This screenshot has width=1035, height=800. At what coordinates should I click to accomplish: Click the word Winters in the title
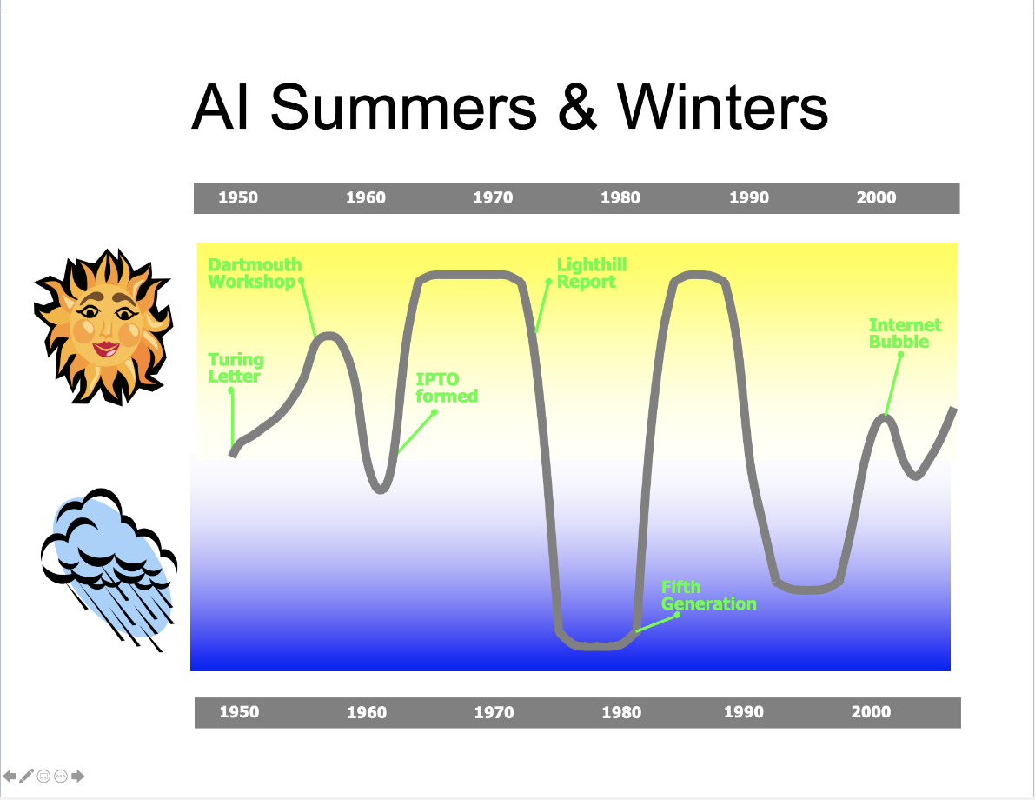pyautogui.click(x=722, y=107)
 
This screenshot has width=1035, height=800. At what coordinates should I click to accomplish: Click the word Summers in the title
pyautogui.click(x=404, y=107)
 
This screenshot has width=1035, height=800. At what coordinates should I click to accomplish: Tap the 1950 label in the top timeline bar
pyautogui.click(x=238, y=197)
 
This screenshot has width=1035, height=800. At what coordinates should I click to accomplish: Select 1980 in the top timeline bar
pyautogui.click(x=620, y=197)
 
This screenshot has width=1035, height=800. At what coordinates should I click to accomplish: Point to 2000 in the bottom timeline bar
pyautogui.click(x=872, y=711)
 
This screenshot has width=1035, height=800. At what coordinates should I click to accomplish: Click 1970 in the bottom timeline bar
pyautogui.click(x=494, y=712)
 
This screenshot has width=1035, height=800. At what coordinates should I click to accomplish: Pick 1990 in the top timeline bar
pyautogui.click(x=749, y=197)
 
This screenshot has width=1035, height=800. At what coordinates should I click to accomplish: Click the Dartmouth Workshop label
pyautogui.click(x=255, y=273)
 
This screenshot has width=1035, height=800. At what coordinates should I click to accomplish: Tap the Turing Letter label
pyautogui.click(x=236, y=368)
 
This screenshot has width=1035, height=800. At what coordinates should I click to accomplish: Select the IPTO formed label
pyautogui.click(x=447, y=388)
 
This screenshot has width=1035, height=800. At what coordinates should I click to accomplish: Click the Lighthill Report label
pyautogui.click(x=592, y=273)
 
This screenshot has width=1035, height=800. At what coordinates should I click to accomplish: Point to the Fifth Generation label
pyautogui.click(x=709, y=595)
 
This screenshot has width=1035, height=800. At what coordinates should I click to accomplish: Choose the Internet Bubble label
pyautogui.click(x=905, y=333)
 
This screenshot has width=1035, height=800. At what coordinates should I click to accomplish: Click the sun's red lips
pyautogui.click(x=106, y=348)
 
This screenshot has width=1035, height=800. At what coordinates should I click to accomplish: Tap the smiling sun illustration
pyautogui.click(x=103, y=326)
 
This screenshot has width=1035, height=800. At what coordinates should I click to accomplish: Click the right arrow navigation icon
pyautogui.click(x=78, y=777)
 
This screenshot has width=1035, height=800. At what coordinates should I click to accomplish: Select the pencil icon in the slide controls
pyautogui.click(x=26, y=777)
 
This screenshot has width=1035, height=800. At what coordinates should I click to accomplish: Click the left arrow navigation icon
pyautogui.click(x=10, y=777)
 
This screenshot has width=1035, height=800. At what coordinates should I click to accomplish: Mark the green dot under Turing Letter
pyautogui.click(x=231, y=390)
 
